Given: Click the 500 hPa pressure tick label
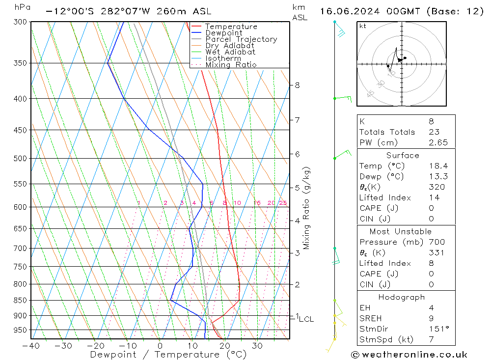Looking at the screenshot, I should click(x=20, y=159).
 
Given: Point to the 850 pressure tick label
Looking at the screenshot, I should click(x=20, y=301).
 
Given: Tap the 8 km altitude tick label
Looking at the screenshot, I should click(x=297, y=85).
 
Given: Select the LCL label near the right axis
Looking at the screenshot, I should click(x=306, y=319).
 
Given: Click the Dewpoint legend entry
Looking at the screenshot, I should click(x=224, y=33).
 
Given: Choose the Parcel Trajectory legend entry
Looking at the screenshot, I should click(x=241, y=39).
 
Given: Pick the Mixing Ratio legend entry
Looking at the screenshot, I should click(x=231, y=65).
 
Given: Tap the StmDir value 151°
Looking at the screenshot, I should click(x=436, y=329).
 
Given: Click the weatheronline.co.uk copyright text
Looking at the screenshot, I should click(x=409, y=355).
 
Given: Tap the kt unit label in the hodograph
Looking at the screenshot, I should click(x=362, y=26).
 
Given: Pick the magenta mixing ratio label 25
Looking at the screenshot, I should click(x=283, y=203).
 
